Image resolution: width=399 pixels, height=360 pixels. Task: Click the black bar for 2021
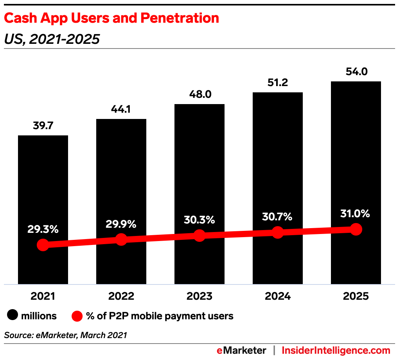point(43,188)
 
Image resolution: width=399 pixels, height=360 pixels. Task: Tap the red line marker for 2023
point(199,236)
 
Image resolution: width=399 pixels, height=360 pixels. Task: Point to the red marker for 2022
point(121,239)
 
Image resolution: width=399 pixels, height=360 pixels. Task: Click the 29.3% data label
point(43,229)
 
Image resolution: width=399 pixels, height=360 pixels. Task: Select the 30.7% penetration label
point(278,216)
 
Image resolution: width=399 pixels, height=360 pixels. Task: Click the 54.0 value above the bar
point(356,72)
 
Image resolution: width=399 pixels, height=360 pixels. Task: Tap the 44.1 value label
point(121,109)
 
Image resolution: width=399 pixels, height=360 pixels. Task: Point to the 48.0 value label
point(199,94)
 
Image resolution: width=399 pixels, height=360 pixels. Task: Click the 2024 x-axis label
point(278,296)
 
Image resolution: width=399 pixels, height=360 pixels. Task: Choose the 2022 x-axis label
point(121,296)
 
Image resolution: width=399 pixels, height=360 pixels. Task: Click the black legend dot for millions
point(13,316)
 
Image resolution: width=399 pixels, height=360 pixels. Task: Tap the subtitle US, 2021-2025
point(52,39)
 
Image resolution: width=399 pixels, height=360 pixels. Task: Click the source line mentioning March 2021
point(66,335)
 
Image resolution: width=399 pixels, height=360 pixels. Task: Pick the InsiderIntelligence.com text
point(336,350)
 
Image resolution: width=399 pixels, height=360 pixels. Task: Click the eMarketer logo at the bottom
point(241,350)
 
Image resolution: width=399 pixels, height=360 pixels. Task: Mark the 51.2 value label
point(278,83)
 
